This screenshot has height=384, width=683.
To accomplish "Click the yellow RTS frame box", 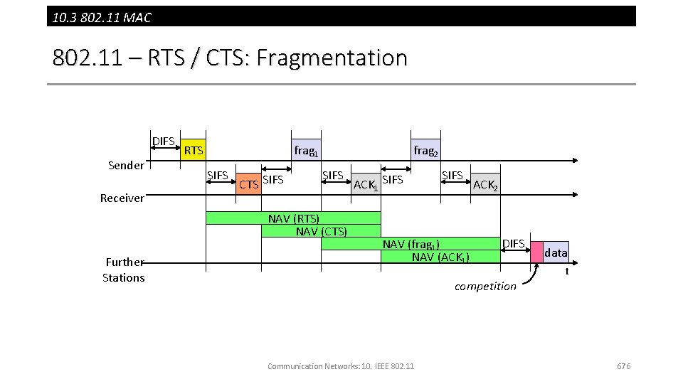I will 193,150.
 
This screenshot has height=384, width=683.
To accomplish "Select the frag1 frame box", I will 306,150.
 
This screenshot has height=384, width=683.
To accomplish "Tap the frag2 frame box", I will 425,150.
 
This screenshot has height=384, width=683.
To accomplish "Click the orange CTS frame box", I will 248,183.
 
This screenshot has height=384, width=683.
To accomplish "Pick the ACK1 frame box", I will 366,184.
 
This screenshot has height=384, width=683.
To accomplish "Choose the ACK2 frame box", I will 485,184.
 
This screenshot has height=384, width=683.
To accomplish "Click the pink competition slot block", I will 536,252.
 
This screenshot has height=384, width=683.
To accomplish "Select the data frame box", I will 556,252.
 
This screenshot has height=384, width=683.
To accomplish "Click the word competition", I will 485,286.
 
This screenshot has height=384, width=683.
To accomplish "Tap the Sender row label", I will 126,166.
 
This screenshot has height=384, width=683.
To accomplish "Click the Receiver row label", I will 122,198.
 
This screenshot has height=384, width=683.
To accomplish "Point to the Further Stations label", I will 124,270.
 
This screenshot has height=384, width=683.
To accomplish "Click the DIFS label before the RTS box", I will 164,142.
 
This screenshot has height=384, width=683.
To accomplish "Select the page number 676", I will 623,366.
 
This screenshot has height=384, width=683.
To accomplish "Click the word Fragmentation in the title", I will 332,58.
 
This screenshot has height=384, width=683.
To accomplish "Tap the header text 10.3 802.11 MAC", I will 102,17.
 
